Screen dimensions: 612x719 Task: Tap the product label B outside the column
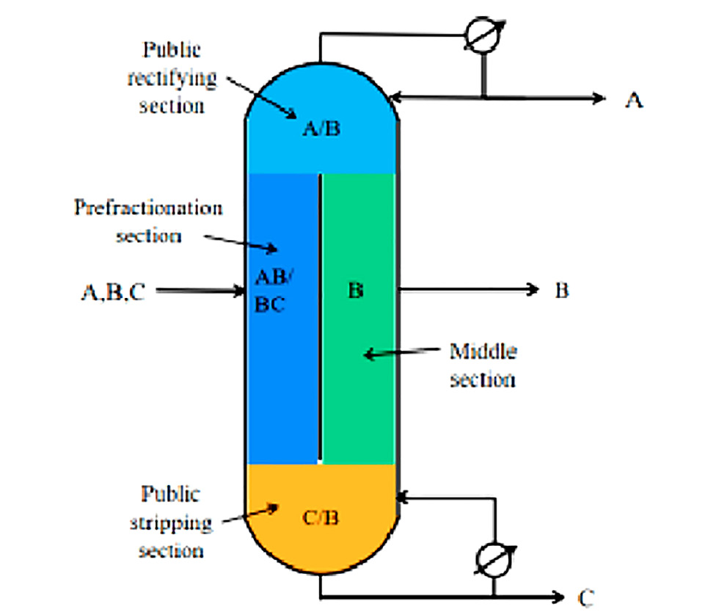(561, 291)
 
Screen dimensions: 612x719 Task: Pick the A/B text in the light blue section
(321, 131)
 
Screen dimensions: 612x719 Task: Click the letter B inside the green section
(356, 291)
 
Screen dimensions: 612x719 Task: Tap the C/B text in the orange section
(321, 518)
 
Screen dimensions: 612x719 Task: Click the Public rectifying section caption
(171, 78)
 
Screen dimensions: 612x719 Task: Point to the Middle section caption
(483, 365)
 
